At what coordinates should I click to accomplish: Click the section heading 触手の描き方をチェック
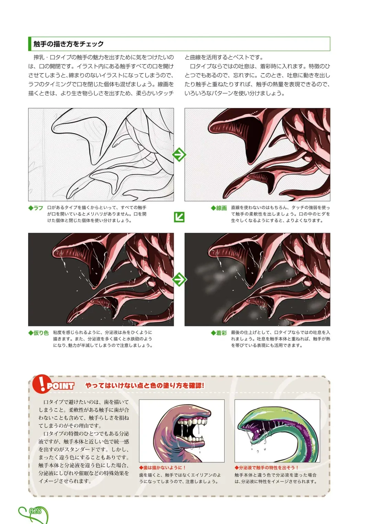click(x=68, y=44)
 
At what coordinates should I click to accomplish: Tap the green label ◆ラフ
click(x=36, y=208)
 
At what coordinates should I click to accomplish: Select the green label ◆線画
click(x=219, y=208)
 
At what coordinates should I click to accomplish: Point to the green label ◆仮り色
click(x=38, y=333)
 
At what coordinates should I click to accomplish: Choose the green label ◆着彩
click(x=219, y=333)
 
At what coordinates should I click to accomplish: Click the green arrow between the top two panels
click(x=179, y=155)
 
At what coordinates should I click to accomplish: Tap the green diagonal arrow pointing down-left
click(x=179, y=217)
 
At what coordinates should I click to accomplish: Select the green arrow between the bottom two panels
click(x=179, y=279)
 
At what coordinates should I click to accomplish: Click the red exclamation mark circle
click(x=41, y=384)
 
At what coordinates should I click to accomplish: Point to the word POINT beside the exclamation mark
click(x=60, y=386)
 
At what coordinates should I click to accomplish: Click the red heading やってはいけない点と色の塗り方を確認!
click(x=145, y=386)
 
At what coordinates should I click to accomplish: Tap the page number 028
click(x=35, y=511)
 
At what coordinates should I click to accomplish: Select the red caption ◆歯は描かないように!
click(x=162, y=468)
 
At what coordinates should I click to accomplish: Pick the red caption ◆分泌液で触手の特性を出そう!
click(x=267, y=468)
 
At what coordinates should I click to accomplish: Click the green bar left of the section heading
click(x=30, y=44)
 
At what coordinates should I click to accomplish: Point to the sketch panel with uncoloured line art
click(x=101, y=155)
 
